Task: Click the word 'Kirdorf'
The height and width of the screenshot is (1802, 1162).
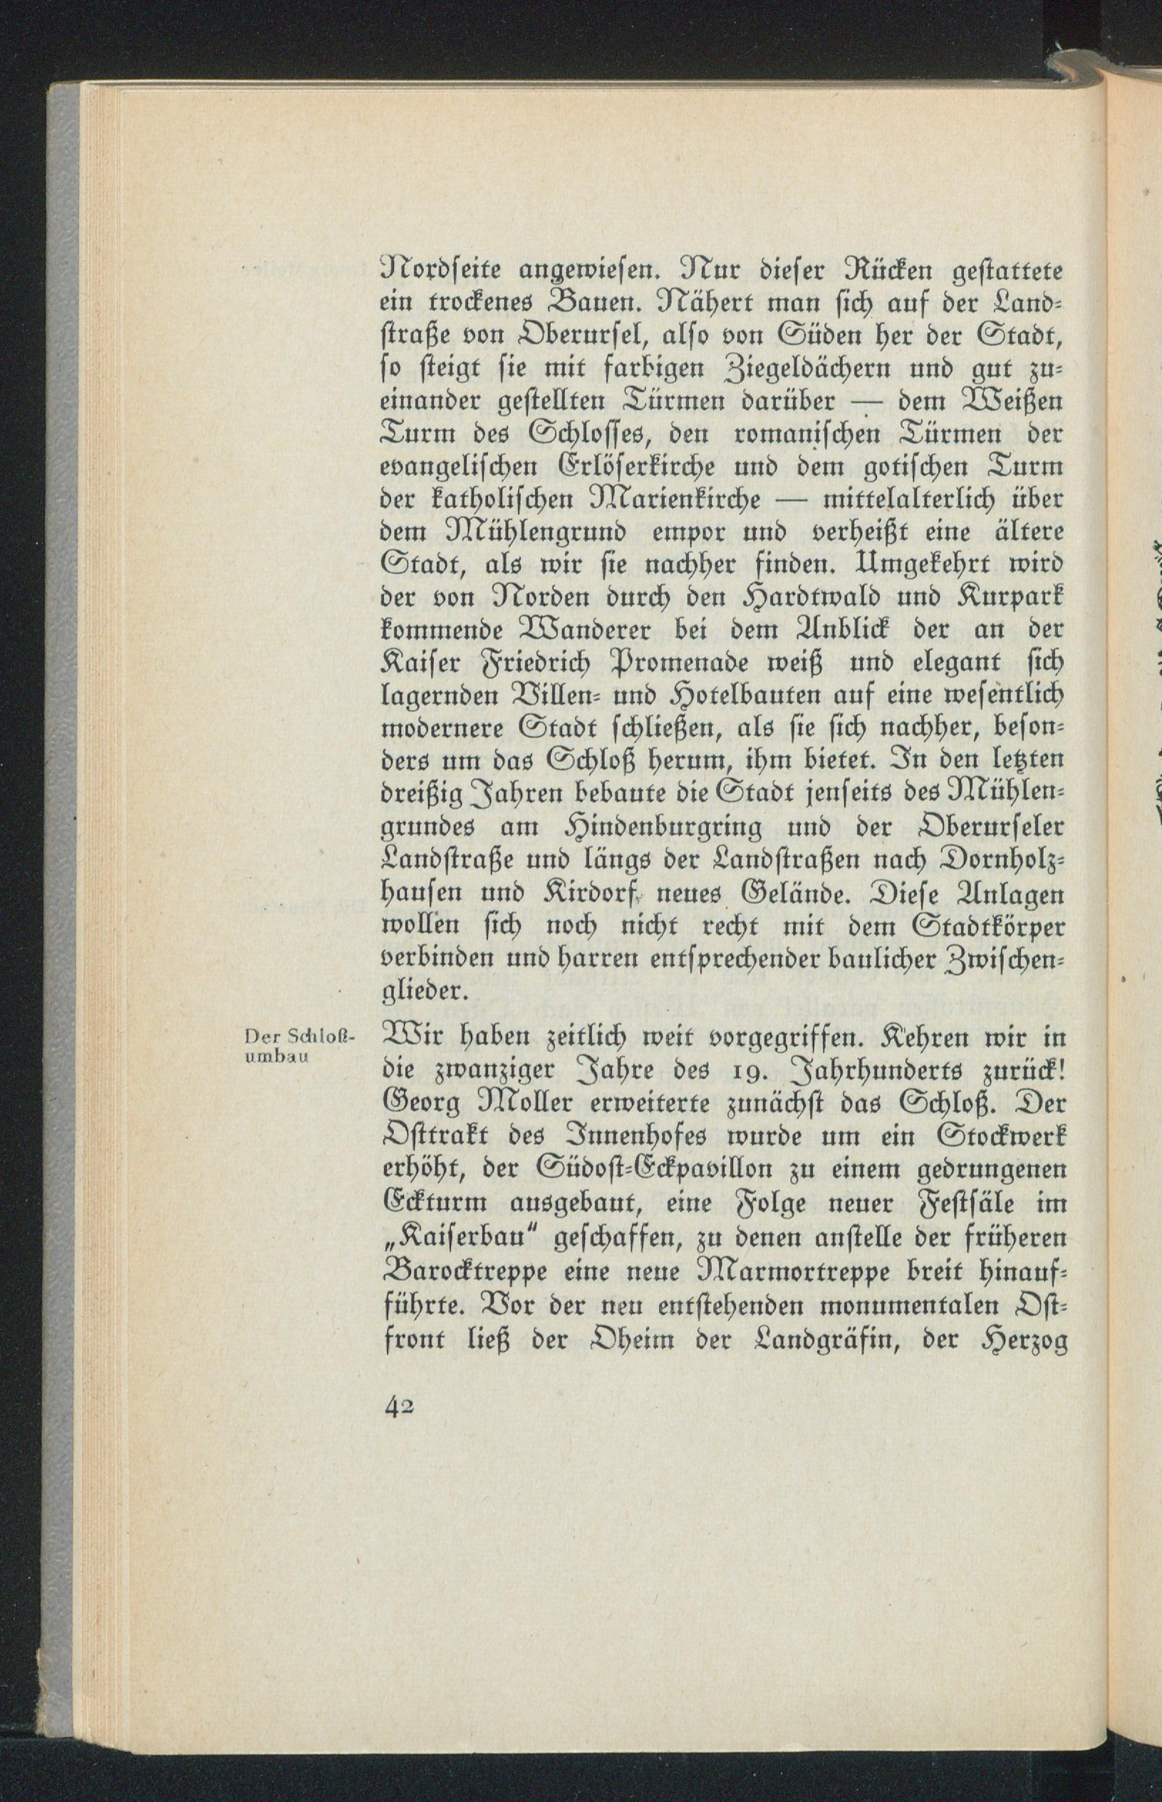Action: (x=578, y=895)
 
